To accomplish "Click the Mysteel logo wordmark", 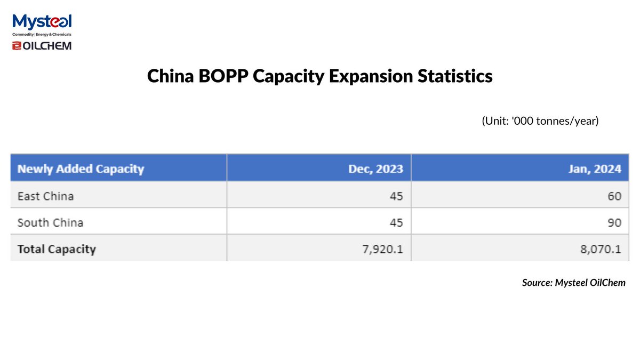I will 42,22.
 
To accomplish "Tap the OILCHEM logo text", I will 42,46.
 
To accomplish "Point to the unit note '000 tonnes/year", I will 540,121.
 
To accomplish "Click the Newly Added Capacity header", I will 81,169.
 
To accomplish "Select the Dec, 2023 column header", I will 375,169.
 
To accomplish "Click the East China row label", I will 45,196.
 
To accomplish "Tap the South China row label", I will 50,222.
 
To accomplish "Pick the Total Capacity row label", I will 57,249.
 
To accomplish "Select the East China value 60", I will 614,196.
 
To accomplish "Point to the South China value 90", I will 614,222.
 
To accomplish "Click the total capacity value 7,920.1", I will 383,249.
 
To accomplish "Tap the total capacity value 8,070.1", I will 601,249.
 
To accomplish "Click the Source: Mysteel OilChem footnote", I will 573,283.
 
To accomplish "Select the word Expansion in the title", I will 367,76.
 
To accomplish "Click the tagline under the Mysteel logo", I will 42,34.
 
